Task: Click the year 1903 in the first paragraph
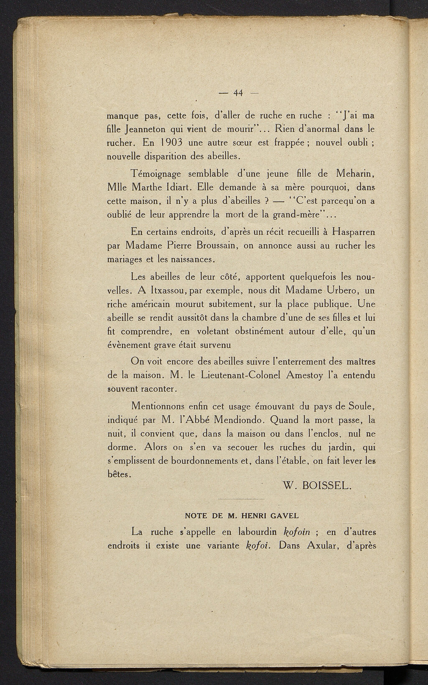click(x=171, y=143)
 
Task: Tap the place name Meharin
click(x=355, y=173)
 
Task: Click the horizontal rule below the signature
click(x=242, y=499)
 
